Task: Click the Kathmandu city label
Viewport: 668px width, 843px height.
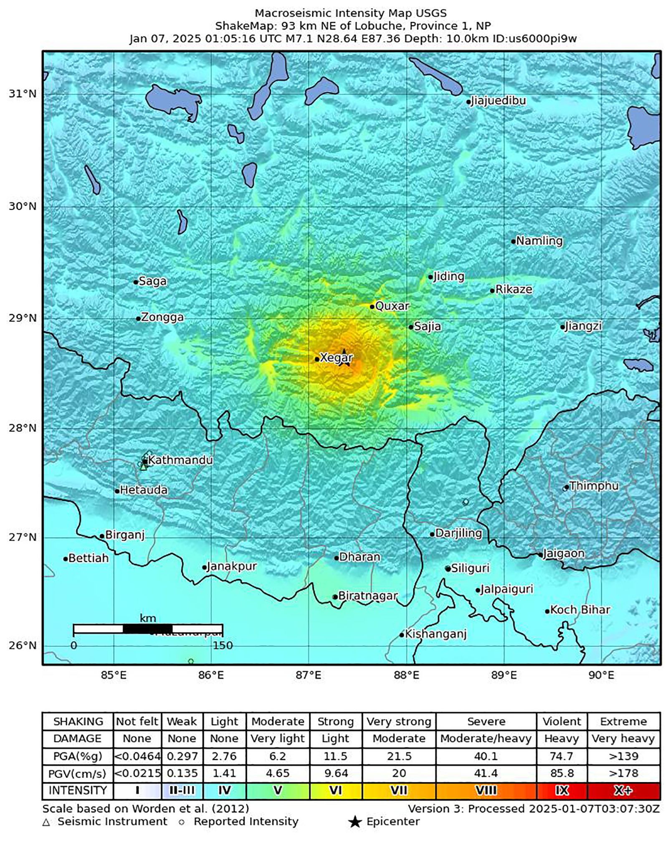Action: [x=180, y=460]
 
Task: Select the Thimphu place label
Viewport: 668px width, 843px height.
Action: [x=594, y=486]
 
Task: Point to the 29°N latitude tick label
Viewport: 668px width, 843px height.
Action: [x=23, y=318]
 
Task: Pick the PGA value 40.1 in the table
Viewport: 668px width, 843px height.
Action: [x=486, y=756]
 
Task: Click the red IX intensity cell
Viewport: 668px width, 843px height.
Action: [x=562, y=790]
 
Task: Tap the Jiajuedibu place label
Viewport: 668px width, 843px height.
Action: [x=498, y=101]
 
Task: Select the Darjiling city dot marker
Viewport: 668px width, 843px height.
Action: [x=433, y=534]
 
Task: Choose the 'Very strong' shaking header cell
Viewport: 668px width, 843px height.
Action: [x=399, y=722]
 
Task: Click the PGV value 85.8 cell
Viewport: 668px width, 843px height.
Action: [x=562, y=773]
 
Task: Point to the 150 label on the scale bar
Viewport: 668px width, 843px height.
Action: [x=223, y=646]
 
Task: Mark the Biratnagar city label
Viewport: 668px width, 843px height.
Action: [x=367, y=596]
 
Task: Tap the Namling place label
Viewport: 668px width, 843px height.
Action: [x=539, y=241]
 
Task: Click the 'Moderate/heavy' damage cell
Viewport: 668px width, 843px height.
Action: [x=486, y=739]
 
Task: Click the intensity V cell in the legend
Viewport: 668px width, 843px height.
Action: [x=277, y=790]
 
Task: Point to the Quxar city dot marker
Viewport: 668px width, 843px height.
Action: [x=372, y=307]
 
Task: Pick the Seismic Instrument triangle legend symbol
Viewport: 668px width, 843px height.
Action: [x=46, y=822]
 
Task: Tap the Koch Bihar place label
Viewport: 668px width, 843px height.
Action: [x=580, y=610]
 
